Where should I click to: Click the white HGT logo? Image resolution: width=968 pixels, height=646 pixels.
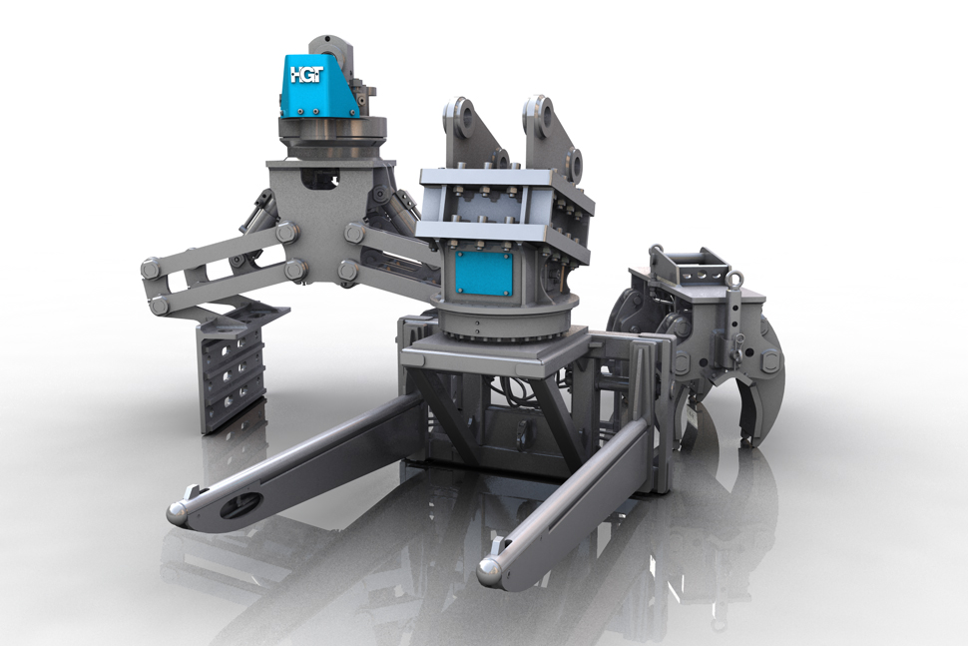coord(306,75)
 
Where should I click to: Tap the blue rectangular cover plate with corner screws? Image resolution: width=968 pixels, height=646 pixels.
coord(483,273)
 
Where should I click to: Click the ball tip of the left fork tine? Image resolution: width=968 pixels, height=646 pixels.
coord(178,512)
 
